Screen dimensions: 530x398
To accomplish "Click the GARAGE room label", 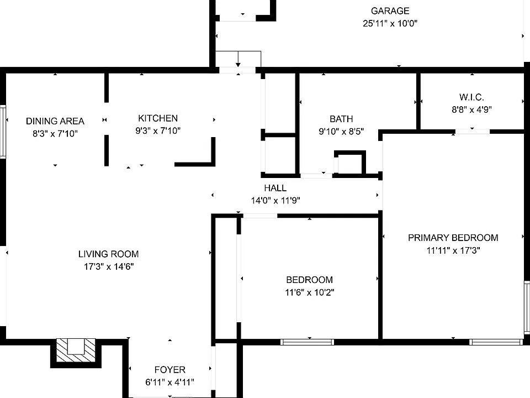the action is coord(390,11).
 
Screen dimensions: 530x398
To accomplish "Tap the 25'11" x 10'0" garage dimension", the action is coord(390,23).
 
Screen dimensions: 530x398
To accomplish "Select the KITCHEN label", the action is coord(158,118).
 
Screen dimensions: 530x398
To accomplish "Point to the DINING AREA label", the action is coord(55,121).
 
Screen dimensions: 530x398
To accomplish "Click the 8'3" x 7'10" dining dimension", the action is coord(55,134).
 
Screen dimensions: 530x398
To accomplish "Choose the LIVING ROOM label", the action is coord(109,254).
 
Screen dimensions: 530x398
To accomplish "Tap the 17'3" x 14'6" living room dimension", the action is coord(109,266).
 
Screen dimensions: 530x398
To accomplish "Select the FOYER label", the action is coord(169,370).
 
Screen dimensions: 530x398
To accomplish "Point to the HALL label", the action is coord(275,188).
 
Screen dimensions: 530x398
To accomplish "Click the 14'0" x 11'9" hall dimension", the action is coord(275,200).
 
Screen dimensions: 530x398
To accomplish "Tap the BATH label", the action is coord(341,119).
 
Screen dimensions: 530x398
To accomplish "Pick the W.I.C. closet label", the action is coord(471,97).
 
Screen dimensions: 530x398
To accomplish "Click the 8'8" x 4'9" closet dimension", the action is coord(472,109).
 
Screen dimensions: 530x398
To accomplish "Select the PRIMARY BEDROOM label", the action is coord(453,238).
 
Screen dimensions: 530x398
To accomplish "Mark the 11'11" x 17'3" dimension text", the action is coord(453,250).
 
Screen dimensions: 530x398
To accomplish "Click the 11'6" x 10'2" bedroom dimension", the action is coord(310,292).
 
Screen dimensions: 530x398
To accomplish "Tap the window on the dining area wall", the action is coord(3,132).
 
